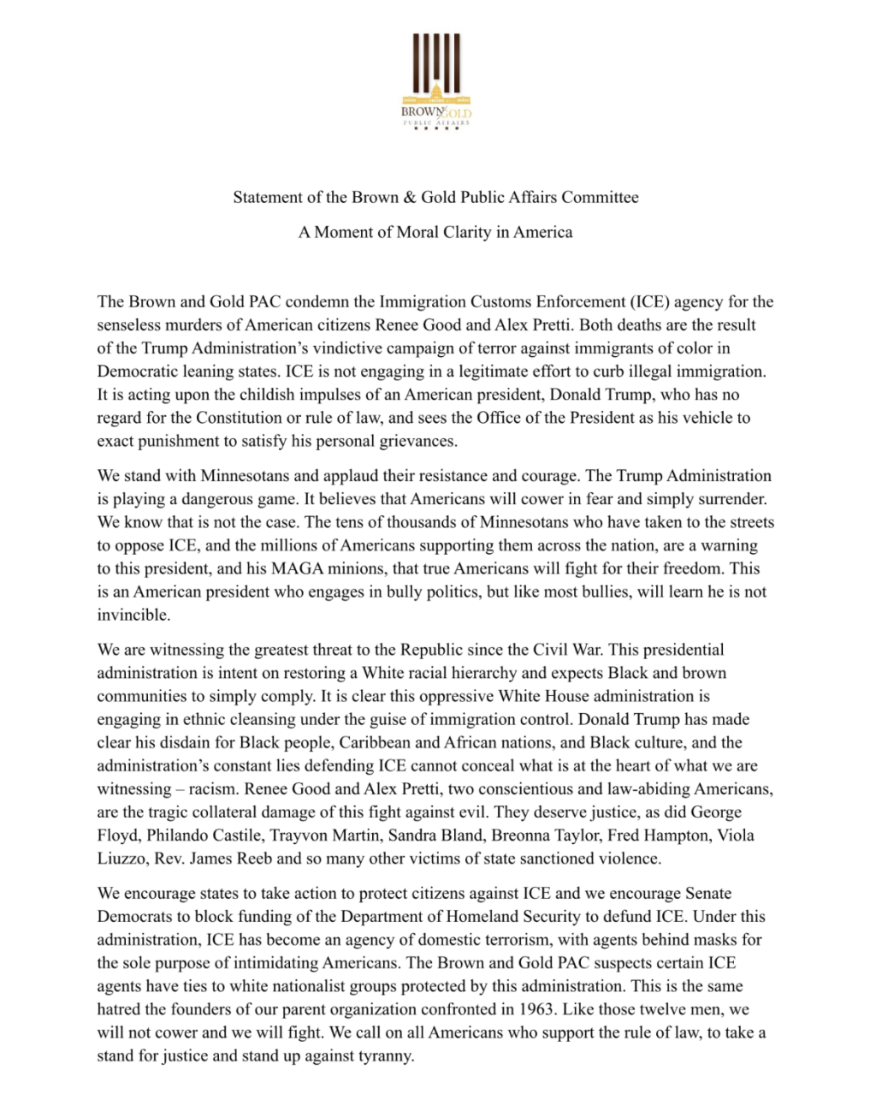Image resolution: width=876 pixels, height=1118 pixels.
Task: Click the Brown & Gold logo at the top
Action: (x=436, y=81)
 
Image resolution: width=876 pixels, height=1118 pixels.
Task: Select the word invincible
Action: (x=133, y=615)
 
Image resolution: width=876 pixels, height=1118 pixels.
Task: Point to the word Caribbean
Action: (x=376, y=743)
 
